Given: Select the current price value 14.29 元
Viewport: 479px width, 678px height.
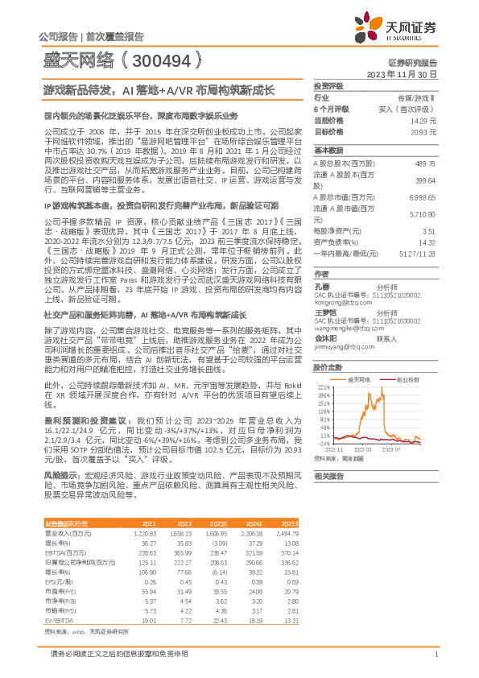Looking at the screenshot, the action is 423,120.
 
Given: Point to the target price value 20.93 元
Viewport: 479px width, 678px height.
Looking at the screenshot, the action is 423,130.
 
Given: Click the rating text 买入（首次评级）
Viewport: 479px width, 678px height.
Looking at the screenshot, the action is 410,109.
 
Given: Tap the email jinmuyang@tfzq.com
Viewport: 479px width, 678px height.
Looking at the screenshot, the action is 339,346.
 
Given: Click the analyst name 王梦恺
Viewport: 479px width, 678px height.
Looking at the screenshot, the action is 324,312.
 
